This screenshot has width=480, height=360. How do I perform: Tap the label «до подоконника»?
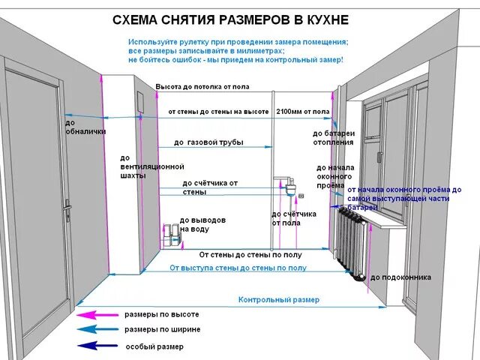(x=400, y=277)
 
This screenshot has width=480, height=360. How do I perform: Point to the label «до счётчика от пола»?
(x=294, y=218)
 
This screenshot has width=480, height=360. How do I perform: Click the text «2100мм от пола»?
(x=303, y=111)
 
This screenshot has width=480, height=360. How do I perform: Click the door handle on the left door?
(x=67, y=205)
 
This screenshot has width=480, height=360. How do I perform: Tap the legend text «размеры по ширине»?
(x=163, y=330)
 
